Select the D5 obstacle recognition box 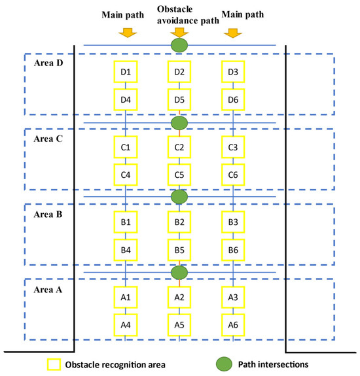[179, 100]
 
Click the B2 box [179, 222]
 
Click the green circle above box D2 [179, 45]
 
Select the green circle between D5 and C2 [179, 122]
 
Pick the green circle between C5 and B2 [179, 197]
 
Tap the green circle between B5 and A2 [179, 272]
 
